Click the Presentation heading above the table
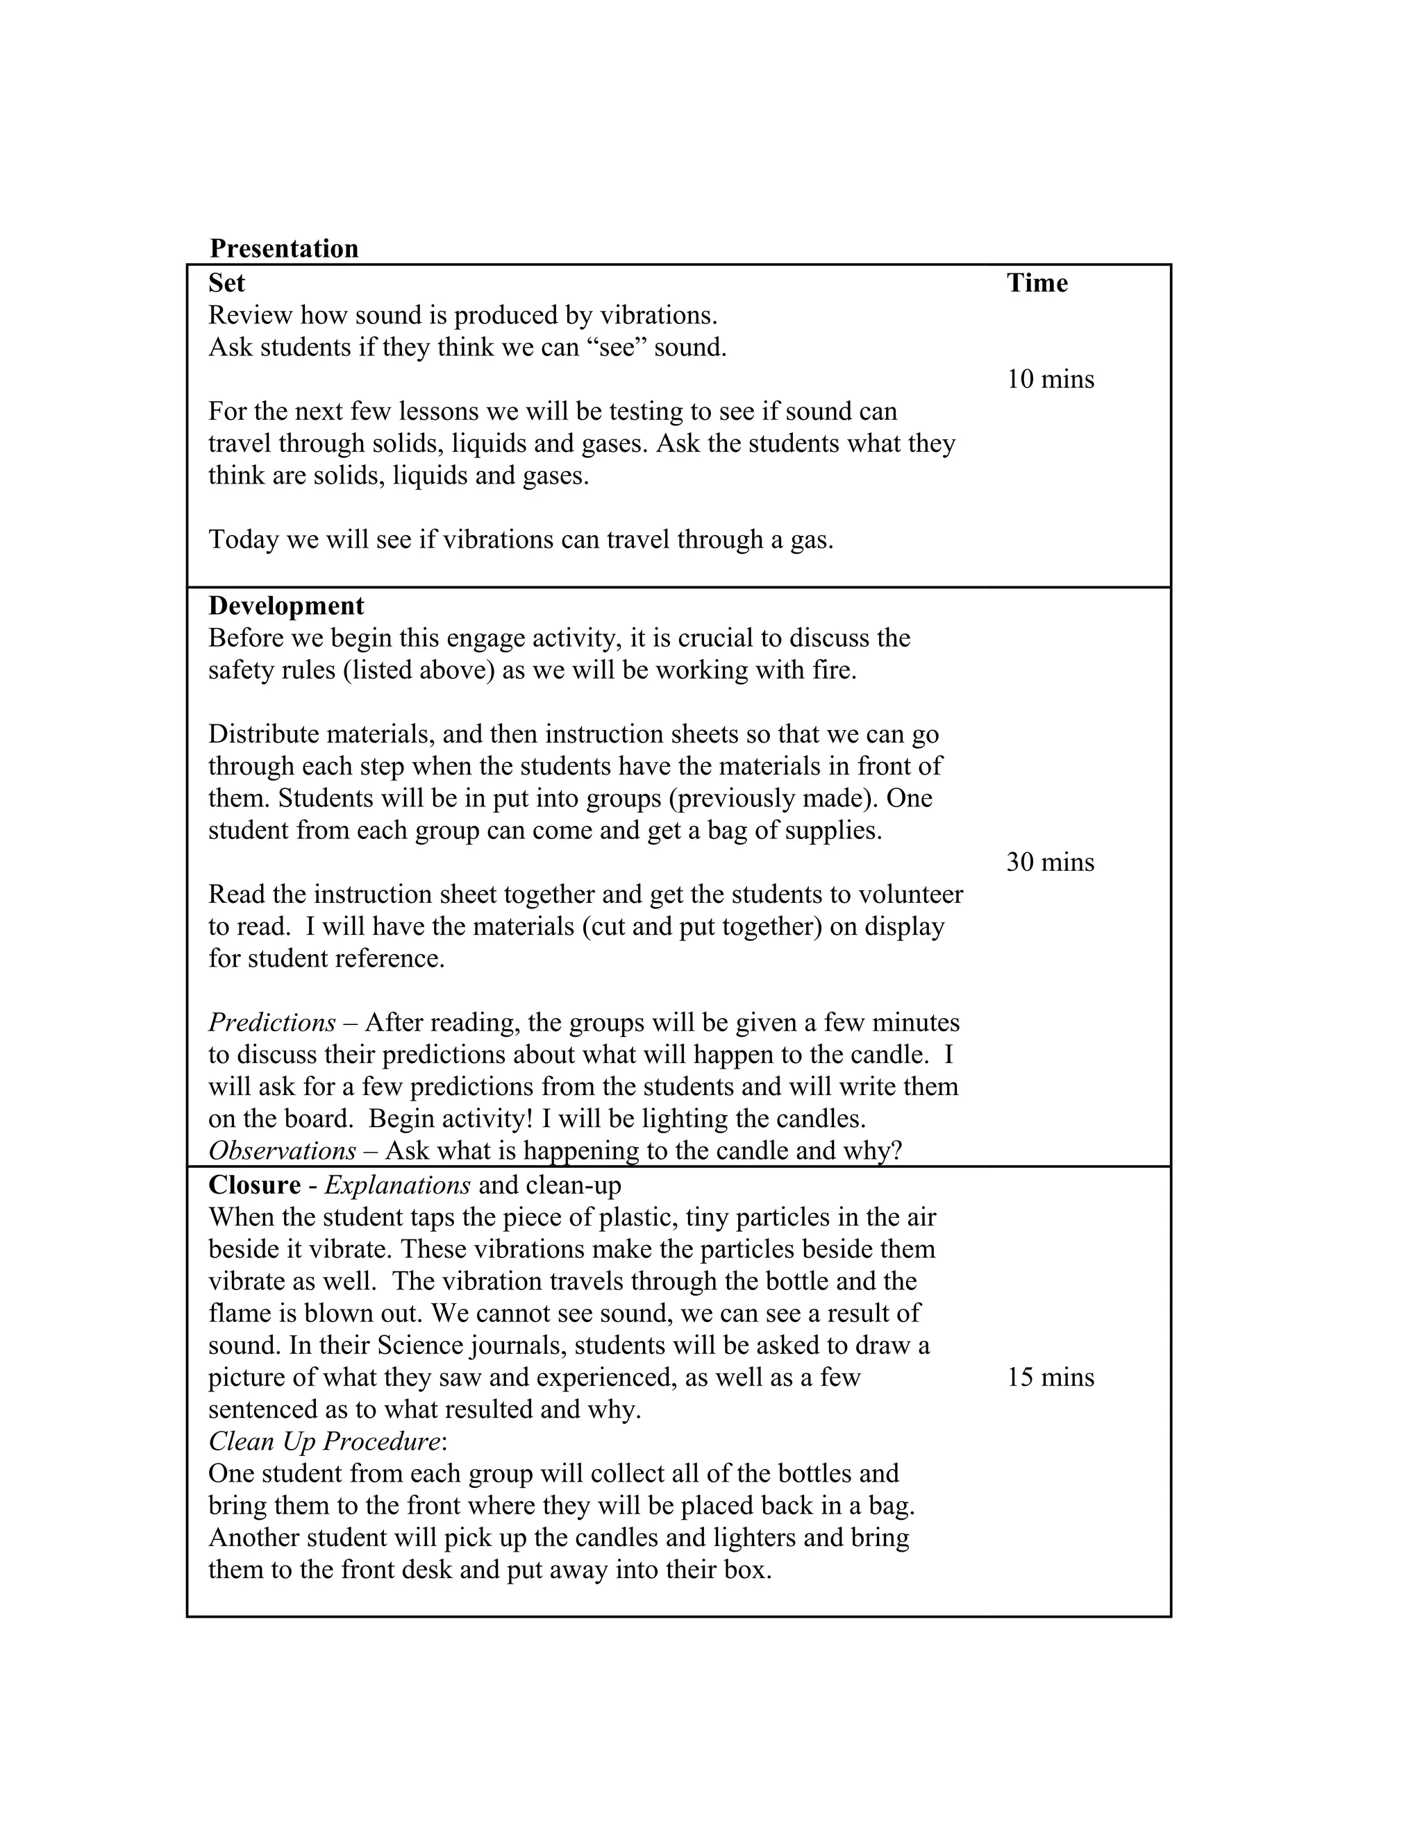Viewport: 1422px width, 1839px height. (284, 248)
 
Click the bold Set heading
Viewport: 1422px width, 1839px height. (226, 283)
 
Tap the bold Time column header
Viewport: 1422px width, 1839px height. (1037, 283)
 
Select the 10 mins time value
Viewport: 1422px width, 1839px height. (1051, 379)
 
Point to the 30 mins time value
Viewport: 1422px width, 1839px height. (1051, 862)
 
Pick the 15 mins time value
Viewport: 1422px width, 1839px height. (1051, 1378)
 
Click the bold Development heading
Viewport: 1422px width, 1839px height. (287, 607)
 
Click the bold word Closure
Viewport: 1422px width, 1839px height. (254, 1185)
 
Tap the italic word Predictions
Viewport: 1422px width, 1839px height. (272, 1022)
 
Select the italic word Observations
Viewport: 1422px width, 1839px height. (282, 1151)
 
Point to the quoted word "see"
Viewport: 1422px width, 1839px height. (617, 347)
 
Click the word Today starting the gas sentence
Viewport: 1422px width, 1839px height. (244, 540)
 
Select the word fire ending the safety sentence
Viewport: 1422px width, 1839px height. (833, 670)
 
